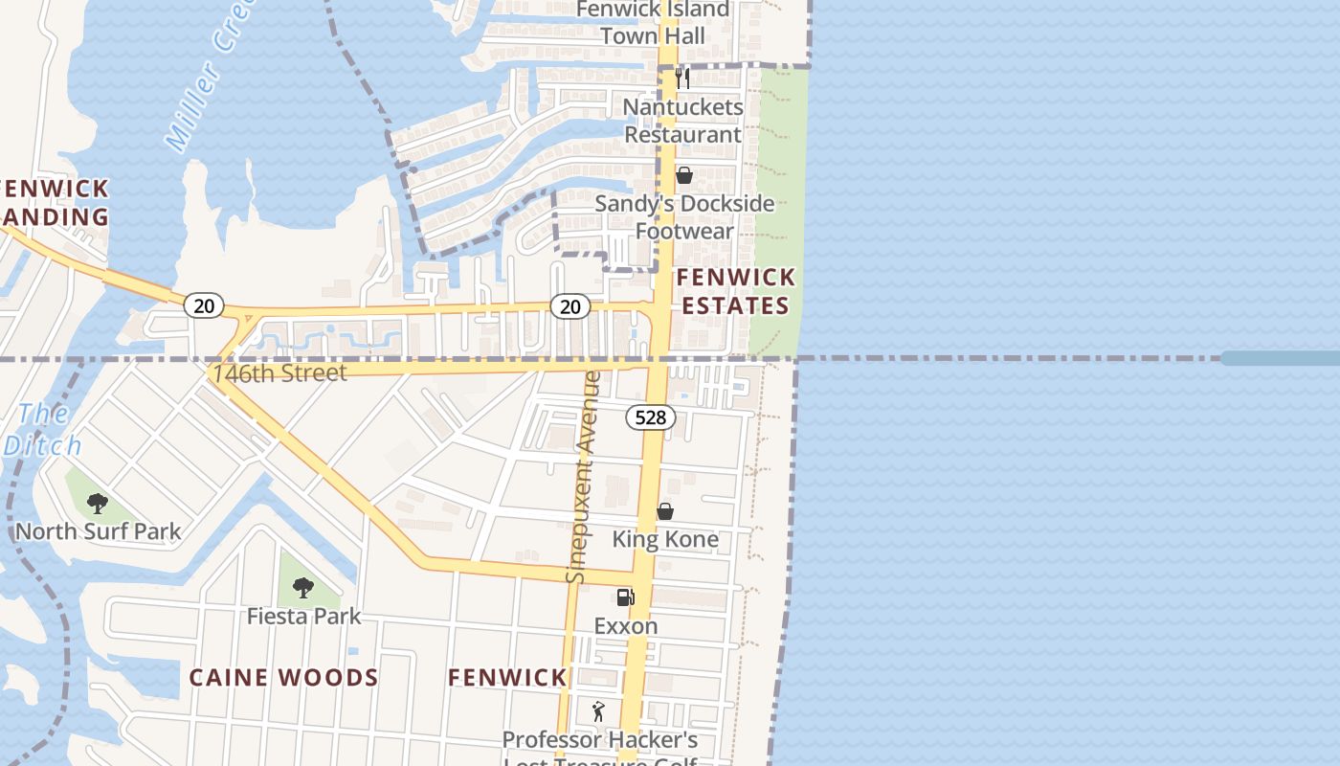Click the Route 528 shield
click(x=651, y=417)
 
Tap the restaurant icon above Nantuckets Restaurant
click(x=682, y=78)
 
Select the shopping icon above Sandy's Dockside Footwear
click(x=683, y=175)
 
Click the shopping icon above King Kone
click(x=665, y=511)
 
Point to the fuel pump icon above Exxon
click(x=625, y=597)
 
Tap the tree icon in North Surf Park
click(x=97, y=503)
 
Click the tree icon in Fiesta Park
click(x=303, y=587)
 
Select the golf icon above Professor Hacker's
click(x=599, y=711)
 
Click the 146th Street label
click(x=279, y=372)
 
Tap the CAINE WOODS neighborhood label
click(x=283, y=678)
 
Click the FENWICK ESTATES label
click(x=735, y=291)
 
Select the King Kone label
click(x=665, y=539)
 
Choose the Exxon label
click(x=626, y=626)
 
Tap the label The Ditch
click(x=43, y=429)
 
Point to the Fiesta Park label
click(x=303, y=616)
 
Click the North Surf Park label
click(x=98, y=531)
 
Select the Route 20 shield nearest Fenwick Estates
click(x=569, y=306)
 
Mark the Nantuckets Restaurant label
click(x=683, y=121)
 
